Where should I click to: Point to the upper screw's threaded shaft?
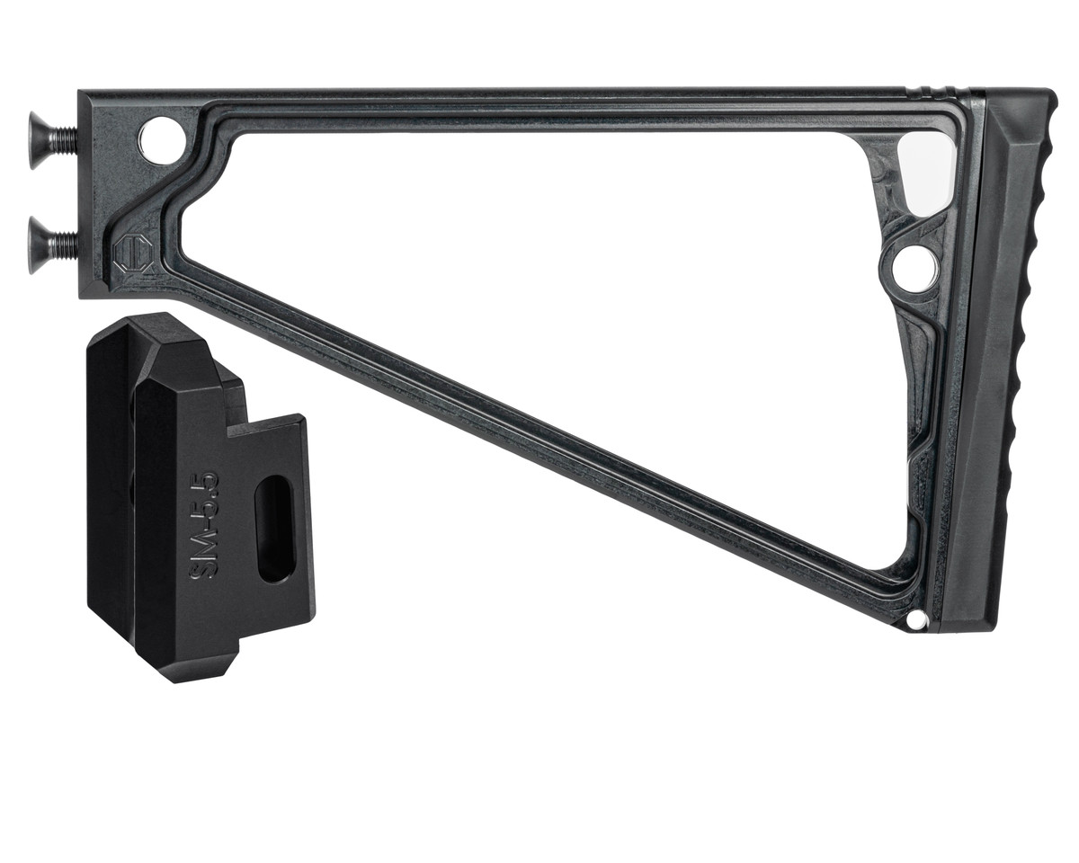(x=65, y=140)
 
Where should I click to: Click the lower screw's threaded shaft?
(x=65, y=245)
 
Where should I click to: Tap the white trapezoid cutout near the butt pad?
(x=923, y=174)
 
